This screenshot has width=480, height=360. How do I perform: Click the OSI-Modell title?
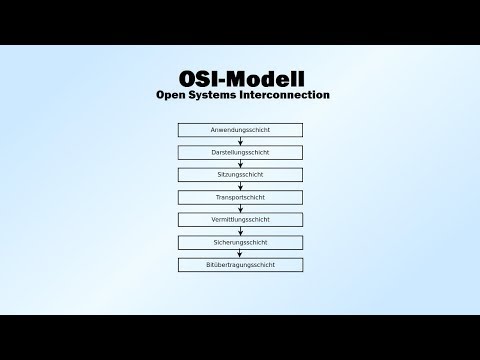(x=240, y=77)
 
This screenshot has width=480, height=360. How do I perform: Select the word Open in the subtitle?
(x=174, y=96)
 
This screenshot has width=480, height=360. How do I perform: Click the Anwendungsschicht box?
(x=240, y=130)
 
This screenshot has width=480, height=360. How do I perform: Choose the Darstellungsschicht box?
(x=240, y=153)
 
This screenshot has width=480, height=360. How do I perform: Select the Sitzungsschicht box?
(x=240, y=175)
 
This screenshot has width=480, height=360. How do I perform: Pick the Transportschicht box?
(x=240, y=198)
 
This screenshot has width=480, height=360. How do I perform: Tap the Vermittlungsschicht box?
(x=240, y=220)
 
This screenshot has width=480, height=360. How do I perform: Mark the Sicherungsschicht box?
(x=240, y=243)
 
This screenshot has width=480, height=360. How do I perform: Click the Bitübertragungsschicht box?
(x=240, y=265)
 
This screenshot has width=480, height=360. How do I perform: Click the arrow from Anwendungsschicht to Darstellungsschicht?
(x=240, y=141)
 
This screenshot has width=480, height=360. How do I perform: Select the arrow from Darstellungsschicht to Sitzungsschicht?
(x=240, y=164)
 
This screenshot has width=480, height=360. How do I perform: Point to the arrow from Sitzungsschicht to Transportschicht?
(x=240, y=186)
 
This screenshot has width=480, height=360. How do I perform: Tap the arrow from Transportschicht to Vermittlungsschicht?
(x=240, y=209)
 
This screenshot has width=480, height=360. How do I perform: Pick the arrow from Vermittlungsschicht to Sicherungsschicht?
(x=240, y=231)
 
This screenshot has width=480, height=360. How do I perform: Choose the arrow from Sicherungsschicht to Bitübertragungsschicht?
(x=240, y=254)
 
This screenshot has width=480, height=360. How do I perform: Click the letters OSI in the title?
(x=199, y=77)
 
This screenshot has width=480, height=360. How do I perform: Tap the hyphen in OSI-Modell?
(x=224, y=79)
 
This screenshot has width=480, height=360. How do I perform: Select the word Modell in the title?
(x=266, y=77)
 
